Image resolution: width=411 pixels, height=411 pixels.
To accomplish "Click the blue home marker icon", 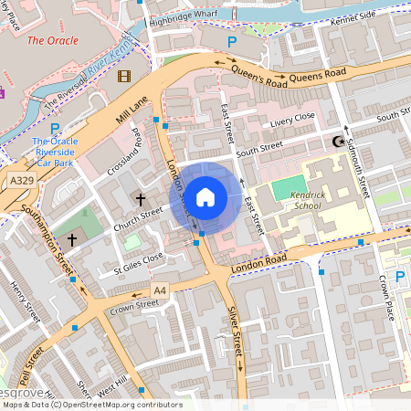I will (205, 196).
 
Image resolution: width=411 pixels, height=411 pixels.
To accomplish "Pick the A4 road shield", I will (161, 290).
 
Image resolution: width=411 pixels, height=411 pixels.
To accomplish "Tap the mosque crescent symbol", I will (340, 142).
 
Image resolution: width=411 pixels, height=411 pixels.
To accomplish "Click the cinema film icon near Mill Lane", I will (124, 75).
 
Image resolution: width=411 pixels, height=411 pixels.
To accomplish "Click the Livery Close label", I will (292, 118).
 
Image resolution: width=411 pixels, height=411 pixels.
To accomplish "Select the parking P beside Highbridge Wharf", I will (231, 42).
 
